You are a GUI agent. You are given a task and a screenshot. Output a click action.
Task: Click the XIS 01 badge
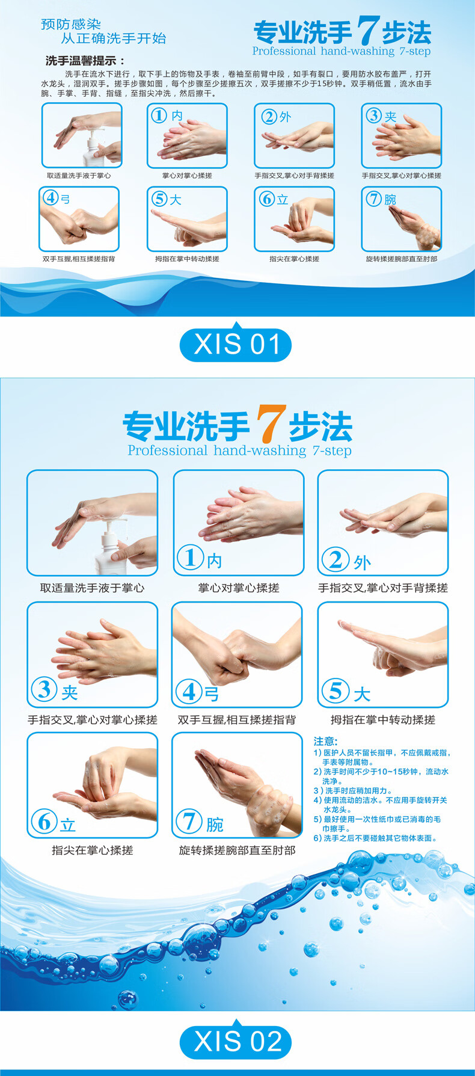tap(235, 345)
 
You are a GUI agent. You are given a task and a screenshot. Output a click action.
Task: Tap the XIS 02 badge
tap(235, 1041)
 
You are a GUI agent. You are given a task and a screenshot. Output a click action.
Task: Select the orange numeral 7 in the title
tap(268, 424)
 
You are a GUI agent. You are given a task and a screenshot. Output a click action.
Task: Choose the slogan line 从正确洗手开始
tap(113, 38)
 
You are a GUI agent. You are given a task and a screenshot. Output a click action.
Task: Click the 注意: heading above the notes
tap(326, 741)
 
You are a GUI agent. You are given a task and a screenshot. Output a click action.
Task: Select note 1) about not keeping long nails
tap(382, 757)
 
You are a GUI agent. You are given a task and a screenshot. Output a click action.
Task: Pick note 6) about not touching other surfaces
tap(375, 838)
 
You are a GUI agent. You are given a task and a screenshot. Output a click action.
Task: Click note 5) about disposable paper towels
tap(378, 823)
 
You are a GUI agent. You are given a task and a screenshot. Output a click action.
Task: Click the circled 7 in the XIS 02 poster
tap(189, 820)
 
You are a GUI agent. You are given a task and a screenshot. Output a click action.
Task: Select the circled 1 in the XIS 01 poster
tap(159, 115)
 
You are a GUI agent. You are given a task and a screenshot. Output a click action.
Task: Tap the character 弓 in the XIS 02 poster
tap(212, 695)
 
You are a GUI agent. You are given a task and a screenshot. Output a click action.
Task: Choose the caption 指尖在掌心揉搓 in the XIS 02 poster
tap(93, 850)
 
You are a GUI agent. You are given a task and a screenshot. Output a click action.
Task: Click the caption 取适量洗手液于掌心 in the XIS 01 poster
tap(79, 176)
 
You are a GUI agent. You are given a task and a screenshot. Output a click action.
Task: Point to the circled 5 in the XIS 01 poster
tap(159, 198)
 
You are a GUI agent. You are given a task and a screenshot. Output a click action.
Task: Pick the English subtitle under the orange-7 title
tap(239, 450)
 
